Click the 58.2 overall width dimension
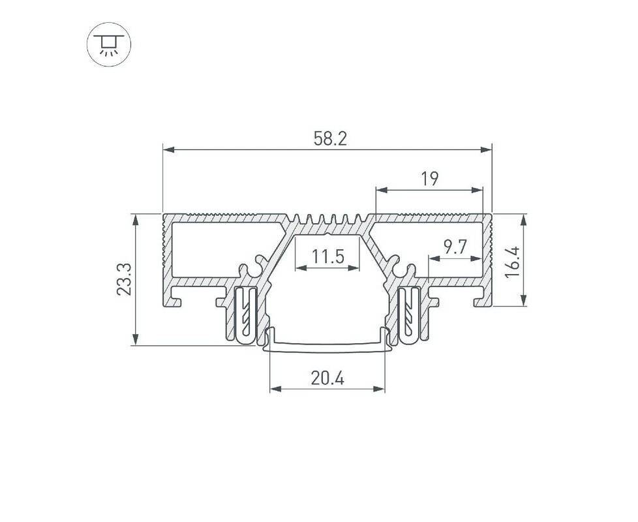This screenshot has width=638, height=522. (x=330, y=139)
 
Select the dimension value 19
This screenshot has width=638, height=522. (x=430, y=179)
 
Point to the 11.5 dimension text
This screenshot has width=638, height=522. (x=328, y=256)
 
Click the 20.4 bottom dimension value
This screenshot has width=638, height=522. (x=327, y=378)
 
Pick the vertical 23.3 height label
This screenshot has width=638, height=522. (x=124, y=279)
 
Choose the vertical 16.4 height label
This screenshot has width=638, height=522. (x=512, y=262)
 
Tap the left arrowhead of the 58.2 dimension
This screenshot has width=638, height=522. (x=169, y=149)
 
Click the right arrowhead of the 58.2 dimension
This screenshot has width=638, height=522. (x=486, y=149)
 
